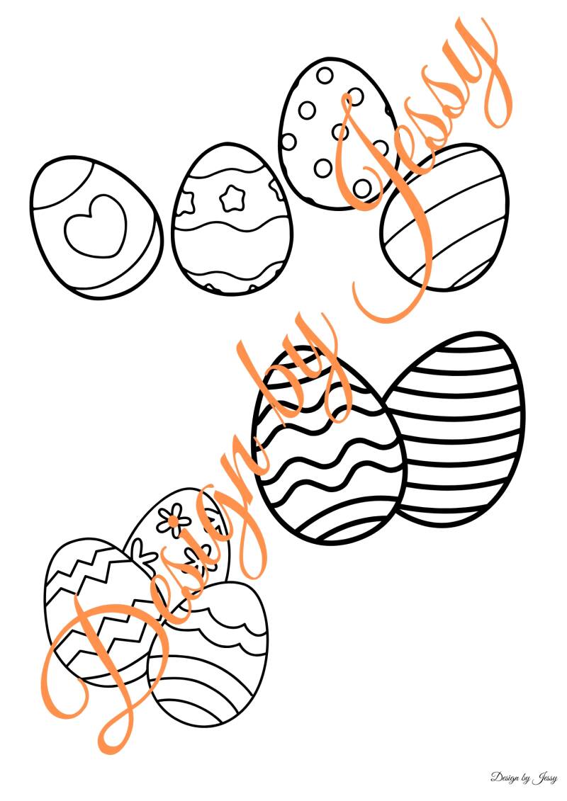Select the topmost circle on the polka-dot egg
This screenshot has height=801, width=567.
click(x=325, y=76)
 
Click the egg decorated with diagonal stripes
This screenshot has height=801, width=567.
click(x=445, y=217)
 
